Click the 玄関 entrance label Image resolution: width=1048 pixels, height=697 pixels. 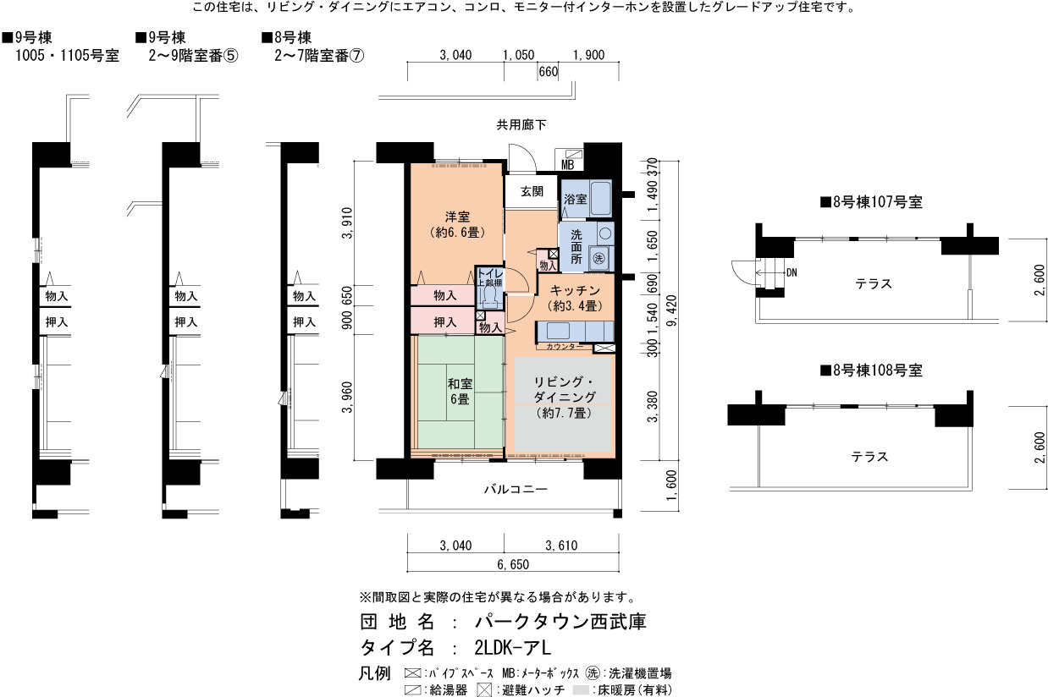(x=532, y=192)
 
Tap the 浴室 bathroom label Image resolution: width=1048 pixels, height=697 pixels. (x=575, y=199)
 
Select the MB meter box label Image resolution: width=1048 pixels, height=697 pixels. (x=567, y=165)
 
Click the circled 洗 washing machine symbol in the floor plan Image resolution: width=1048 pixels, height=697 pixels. (x=598, y=258)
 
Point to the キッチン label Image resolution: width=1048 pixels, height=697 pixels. (x=575, y=290)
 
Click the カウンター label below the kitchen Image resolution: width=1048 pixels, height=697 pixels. (x=565, y=347)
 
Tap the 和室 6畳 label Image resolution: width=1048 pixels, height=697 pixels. (x=460, y=392)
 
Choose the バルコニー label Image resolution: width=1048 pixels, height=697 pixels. (x=516, y=490)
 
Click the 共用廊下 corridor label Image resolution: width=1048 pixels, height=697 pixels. (x=521, y=125)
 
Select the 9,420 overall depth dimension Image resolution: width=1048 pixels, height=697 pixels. (x=672, y=311)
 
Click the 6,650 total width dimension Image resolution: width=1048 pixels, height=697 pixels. (x=513, y=565)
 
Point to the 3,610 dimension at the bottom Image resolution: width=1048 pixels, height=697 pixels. (x=561, y=546)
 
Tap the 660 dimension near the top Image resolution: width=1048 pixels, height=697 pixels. (x=549, y=72)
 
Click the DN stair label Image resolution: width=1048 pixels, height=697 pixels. (x=792, y=272)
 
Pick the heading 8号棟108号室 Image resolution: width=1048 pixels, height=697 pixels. (x=871, y=370)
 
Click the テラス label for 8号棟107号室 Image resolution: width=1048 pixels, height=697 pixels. (x=874, y=283)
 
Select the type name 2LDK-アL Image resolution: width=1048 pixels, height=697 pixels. (x=513, y=647)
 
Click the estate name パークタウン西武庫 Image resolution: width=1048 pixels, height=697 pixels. (x=560, y=622)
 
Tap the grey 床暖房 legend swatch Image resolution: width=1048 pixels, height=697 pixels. (x=581, y=689)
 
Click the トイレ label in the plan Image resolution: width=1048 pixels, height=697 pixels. (x=489, y=273)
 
